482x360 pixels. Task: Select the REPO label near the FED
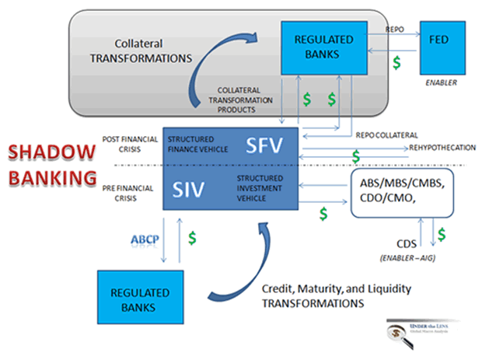point(396,29)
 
